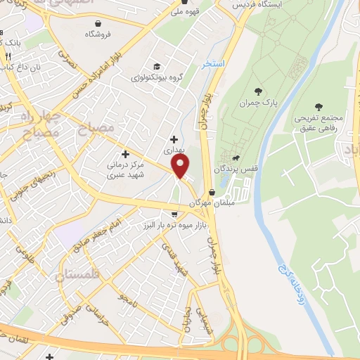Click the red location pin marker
point(181,167)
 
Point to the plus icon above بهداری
point(174,139)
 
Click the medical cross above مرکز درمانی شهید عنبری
point(126,154)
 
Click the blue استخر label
point(212,63)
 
